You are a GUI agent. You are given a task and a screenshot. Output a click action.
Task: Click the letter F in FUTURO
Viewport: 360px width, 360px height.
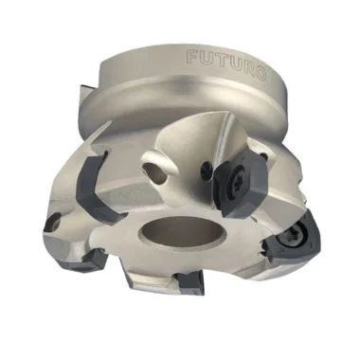(x=193, y=57)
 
